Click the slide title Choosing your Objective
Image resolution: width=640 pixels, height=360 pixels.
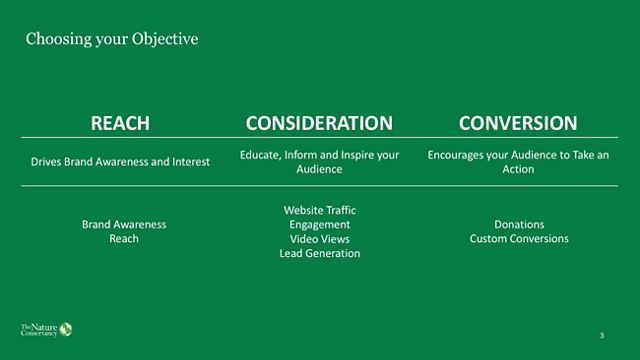pos(112,39)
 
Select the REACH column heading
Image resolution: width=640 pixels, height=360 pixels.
pos(120,123)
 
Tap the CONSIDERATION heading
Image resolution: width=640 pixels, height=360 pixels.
pos(319,123)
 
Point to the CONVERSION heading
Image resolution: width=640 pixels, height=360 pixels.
pos(518,123)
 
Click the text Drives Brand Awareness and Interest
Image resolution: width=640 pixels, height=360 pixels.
pos(120,162)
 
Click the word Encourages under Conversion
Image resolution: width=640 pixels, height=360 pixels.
pos(454,155)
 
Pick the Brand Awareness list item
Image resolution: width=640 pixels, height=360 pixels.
pos(124,224)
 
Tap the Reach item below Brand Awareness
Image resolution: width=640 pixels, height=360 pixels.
pos(124,239)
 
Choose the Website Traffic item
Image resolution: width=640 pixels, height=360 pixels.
pos(320,210)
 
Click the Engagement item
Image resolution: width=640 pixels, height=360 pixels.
pos(320,225)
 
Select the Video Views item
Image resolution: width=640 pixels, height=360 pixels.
pos(320,239)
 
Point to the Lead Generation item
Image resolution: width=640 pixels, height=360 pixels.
pos(320,253)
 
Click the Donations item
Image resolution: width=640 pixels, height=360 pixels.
pos(519,224)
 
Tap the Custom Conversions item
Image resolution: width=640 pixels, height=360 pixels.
pos(519,239)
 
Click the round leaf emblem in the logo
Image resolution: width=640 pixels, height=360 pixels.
pos(66,329)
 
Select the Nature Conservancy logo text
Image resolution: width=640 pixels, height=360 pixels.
pos(39,330)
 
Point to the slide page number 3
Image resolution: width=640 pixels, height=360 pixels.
pos(602,336)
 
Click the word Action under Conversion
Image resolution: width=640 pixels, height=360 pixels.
pos(518,169)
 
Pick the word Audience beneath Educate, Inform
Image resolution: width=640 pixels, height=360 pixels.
pos(319,169)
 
